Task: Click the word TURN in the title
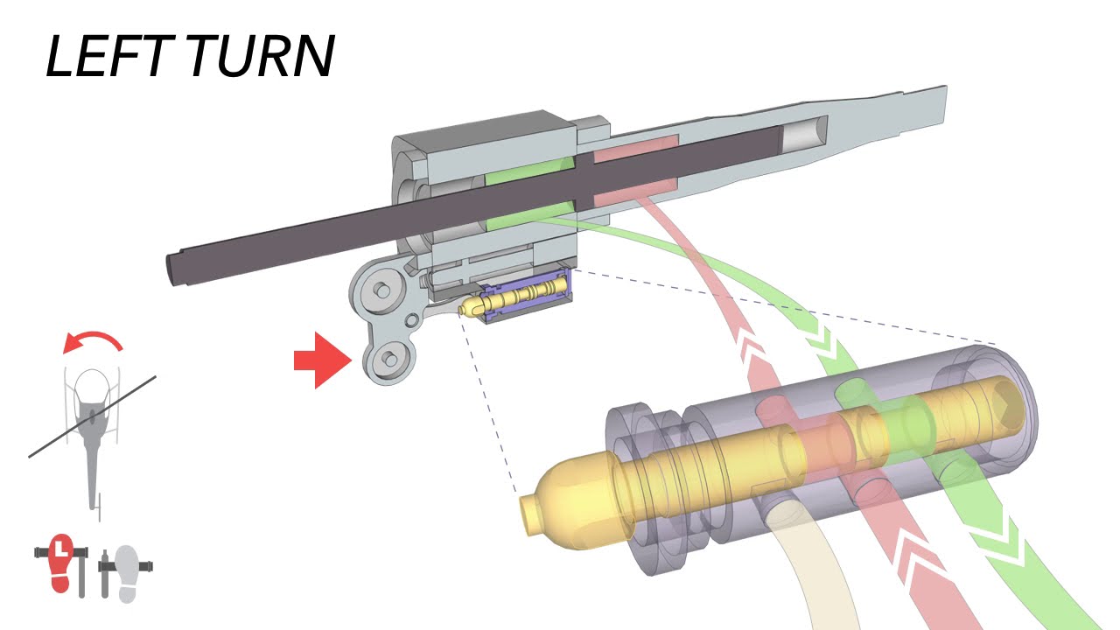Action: (x=260, y=57)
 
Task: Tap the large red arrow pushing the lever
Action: (x=320, y=359)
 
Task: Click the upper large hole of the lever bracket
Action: (x=381, y=290)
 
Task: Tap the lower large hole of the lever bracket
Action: (x=388, y=358)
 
